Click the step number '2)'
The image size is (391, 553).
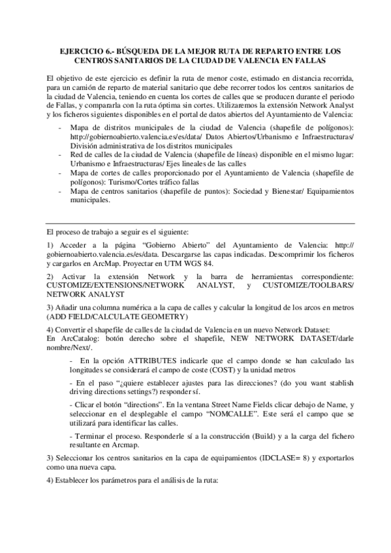[x=50, y=276]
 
